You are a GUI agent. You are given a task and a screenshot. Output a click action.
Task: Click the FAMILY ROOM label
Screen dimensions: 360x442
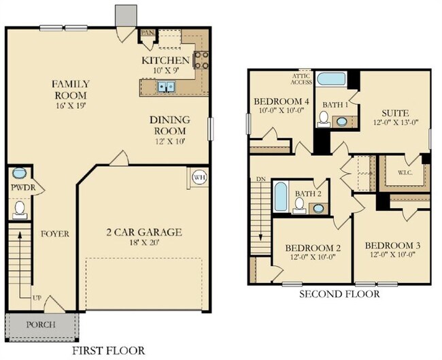click(71, 90)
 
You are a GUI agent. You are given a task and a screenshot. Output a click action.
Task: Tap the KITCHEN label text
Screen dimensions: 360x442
click(161, 61)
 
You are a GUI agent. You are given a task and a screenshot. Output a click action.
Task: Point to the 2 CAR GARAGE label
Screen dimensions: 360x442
click(143, 233)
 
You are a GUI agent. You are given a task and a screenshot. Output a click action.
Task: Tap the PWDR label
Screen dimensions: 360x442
click(18, 187)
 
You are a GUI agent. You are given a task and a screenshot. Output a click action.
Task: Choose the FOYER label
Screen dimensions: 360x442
click(54, 233)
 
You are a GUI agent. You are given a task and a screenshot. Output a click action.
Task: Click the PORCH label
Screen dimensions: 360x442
click(40, 325)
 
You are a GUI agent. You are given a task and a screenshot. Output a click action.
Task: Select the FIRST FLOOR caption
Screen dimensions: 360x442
click(109, 350)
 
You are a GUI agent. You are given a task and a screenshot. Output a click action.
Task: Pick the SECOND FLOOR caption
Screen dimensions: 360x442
click(339, 294)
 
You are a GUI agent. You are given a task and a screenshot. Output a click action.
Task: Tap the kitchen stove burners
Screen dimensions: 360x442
click(201, 61)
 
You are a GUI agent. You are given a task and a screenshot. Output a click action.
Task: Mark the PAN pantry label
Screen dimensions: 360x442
click(147, 32)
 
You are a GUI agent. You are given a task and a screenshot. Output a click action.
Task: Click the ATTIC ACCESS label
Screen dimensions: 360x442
click(303, 80)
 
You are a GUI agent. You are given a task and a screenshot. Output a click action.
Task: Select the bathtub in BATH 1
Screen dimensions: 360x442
click(333, 78)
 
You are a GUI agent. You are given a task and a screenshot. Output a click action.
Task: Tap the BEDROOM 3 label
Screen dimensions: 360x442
click(392, 245)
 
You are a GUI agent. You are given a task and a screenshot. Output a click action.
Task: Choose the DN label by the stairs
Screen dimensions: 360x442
click(260, 179)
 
